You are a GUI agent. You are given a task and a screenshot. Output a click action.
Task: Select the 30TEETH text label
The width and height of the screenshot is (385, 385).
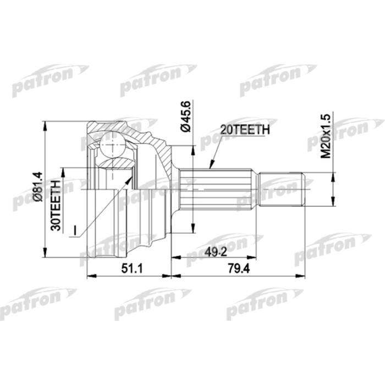(x=56, y=205)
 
